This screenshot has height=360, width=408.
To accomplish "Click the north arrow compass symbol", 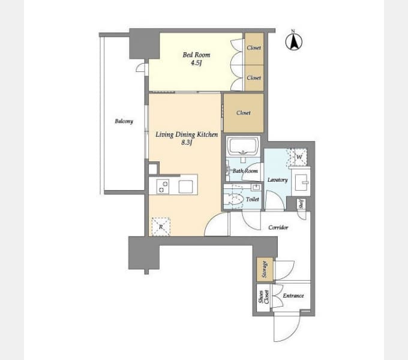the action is (x=294, y=41).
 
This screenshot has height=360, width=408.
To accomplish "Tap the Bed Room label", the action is (x=196, y=55).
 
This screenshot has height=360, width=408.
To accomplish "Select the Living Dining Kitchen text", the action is (x=187, y=134).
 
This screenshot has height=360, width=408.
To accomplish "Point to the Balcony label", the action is (x=124, y=121).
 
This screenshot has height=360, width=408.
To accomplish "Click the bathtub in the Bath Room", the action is (x=243, y=146).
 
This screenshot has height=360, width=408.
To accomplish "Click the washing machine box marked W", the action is (x=299, y=157).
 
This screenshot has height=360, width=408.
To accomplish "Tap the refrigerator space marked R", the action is (x=161, y=227).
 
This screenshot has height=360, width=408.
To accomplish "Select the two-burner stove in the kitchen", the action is (x=163, y=187).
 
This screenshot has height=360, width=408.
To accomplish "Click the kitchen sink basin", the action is (x=185, y=187).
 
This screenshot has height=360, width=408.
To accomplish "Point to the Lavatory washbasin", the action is (x=301, y=182).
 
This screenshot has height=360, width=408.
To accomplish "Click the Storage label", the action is (x=265, y=269).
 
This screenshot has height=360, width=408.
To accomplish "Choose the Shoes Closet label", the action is (x=263, y=297).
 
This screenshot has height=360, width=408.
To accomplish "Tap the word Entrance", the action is (x=293, y=295).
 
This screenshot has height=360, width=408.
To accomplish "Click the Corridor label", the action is (x=278, y=227).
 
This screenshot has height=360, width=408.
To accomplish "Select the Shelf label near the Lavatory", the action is (x=301, y=204).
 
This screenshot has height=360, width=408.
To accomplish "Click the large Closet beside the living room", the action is (x=244, y=113).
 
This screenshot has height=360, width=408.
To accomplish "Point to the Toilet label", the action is (x=252, y=200).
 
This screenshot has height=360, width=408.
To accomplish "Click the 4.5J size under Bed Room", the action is (x=196, y=62).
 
